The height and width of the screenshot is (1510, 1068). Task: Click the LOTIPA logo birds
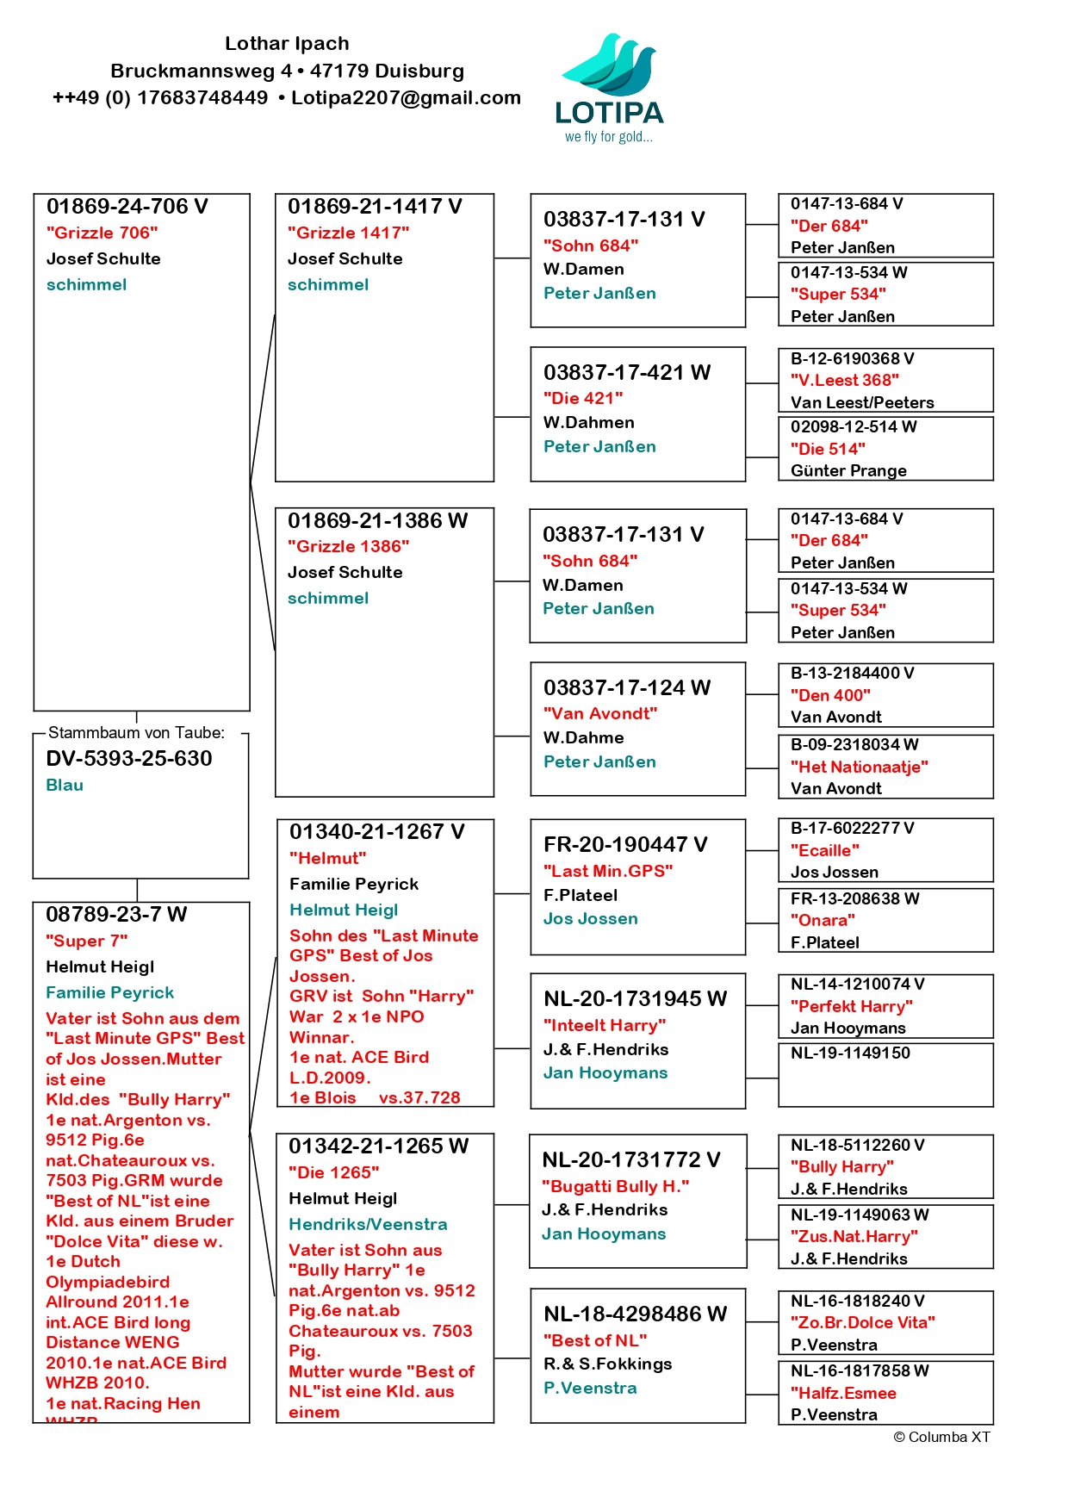click(610, 65)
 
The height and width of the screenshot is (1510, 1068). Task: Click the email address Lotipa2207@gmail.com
click(406, 97)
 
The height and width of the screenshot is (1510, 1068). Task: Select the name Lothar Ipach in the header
click(287, 43)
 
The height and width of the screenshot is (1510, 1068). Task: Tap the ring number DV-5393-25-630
click(129, 758)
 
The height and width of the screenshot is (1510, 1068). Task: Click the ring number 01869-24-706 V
click(127, 207)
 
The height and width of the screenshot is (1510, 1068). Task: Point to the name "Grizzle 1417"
click(348, 233)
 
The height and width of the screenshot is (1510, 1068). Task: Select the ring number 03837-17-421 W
click(627, 372)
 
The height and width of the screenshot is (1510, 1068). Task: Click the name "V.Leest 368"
click(844, 380)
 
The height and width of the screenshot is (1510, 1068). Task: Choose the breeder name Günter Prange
click(848, 470)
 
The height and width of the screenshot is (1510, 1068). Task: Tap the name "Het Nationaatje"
click(859, 767)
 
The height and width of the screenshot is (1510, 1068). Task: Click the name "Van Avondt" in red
click(599, 713)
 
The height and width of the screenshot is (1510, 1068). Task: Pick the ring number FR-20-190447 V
click(625, 844)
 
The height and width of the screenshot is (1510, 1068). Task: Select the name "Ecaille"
click(824, 850)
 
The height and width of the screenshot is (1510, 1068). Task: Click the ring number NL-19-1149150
click(850, 1053)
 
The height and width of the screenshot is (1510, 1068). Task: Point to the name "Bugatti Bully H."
click(615, 1186)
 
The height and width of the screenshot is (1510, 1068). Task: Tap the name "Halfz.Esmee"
click(843, 1393)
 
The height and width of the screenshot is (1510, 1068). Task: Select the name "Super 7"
click(86, 941)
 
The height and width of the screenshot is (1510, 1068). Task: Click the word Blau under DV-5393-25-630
click(65, 785)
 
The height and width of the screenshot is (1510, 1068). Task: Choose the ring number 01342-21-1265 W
click(378, 1146)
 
